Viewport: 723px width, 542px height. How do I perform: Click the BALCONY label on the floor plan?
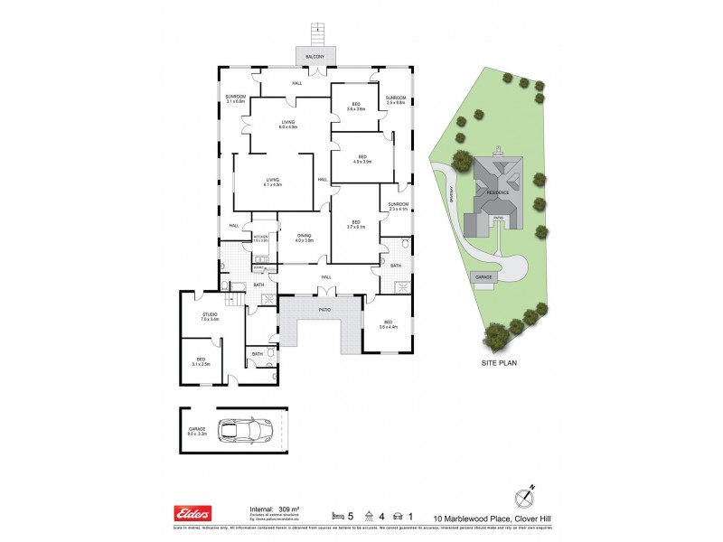(315, 58)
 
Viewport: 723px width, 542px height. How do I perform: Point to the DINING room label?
(304, 238)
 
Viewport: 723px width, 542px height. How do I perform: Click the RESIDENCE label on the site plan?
(497, 192)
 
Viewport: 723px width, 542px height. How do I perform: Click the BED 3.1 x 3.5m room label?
(200, 362)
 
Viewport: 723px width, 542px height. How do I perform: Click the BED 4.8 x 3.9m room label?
(361, 160)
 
